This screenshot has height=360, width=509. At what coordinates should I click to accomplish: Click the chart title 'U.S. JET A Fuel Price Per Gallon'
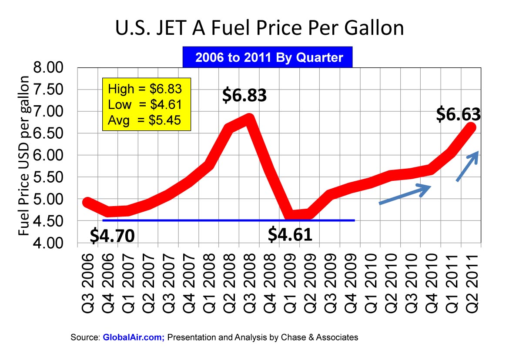pos(260,29)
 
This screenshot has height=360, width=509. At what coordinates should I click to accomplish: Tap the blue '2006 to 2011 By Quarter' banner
pos(269,58)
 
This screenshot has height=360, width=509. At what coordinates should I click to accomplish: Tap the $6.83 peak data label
pos(244,95)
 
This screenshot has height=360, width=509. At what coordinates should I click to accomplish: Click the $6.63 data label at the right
pos(458,114)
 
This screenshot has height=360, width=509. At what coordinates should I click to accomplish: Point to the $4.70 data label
pos(112,235)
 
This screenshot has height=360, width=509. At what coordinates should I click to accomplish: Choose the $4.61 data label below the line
pos(290,234)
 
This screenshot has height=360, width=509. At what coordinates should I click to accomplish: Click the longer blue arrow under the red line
pos(405,194)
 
